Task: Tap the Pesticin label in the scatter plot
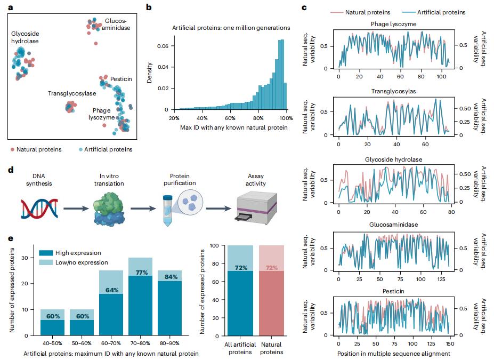click(x=122, y=79)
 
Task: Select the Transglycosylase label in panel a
click(x=72, y=93)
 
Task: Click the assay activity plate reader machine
click(x=257, y=209)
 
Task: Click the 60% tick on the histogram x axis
click(x=230, y=117)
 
